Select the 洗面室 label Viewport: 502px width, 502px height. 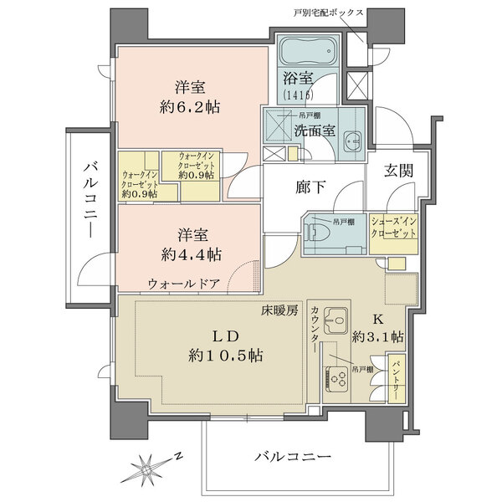(x=314, y=131)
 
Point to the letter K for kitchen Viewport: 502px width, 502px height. (x=376, y=318)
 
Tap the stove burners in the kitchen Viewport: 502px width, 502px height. (x=341, y=379)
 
